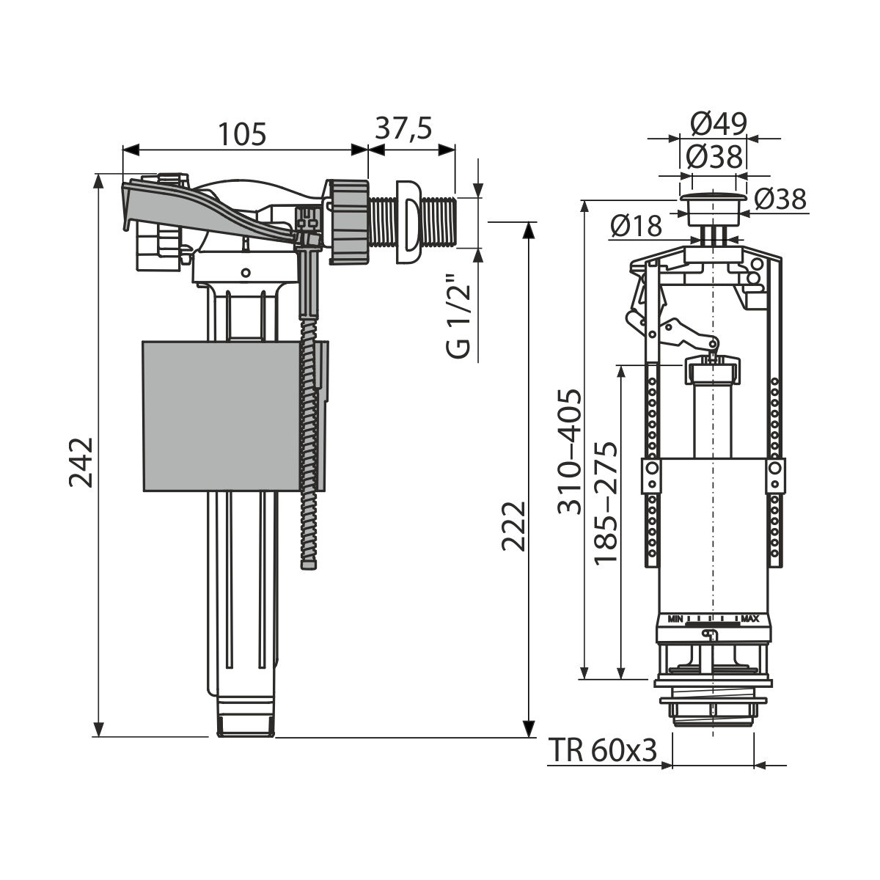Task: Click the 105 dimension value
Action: tap(241, 134)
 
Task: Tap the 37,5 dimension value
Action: tap(403, 128)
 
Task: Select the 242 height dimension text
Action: tap(81, 462)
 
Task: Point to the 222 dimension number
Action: tap(514, 526)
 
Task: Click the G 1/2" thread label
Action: tap(458, 316)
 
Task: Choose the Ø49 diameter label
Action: tap(719, 124)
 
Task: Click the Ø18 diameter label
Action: tap(635, 226)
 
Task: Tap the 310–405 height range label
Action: tap(570, 452)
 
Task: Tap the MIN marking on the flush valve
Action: tap(675, 619)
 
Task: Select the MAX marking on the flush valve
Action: tap(750, 619)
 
